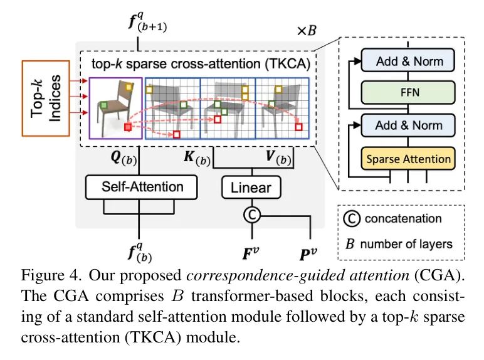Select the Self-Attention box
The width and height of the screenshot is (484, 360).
[x=142, y=186]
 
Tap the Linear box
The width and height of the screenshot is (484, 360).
[x=251, y=187]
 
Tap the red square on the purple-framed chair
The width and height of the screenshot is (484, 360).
[x=128, y=128]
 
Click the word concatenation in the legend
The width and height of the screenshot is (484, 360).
[x=404, y=219]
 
